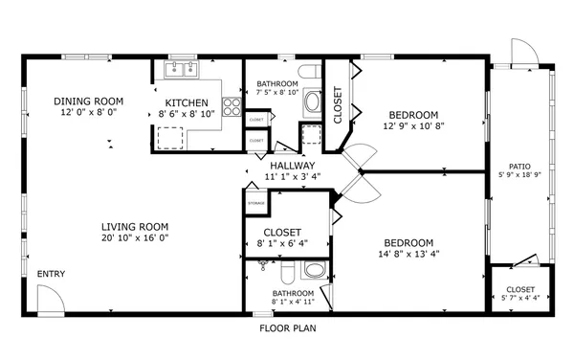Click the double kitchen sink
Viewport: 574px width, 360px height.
point(183,69)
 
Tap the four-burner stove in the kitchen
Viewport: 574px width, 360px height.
point(232,107)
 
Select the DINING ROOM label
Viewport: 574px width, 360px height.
point(89,101)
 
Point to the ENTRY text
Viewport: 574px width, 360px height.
point(51,275)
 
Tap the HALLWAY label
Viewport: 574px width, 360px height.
point(292,166)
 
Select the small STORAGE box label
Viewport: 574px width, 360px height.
point(255,203)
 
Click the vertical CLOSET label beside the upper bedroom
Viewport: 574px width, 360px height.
point(338,106)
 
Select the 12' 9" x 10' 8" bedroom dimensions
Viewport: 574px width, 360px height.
point(413,125)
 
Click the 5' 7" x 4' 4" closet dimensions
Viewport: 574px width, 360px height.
point(520,299)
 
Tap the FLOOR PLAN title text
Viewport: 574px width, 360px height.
point(288,327)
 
